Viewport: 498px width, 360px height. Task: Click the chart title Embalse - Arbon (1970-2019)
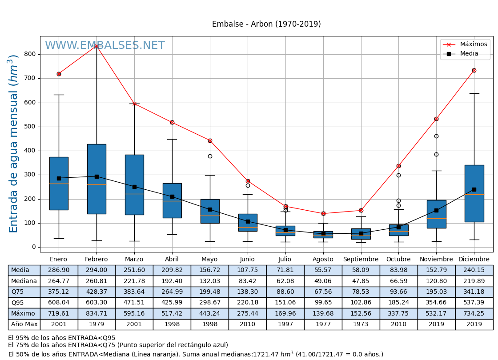(x=266, y=24)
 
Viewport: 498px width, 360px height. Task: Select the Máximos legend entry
(x=473, y=44)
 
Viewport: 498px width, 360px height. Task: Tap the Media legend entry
(x=469, y=54)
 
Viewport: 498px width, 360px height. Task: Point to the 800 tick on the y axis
(x=31, y=54)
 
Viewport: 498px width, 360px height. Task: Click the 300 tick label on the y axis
(x=31, y=175)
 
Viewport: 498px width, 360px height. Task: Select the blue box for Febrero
(x=96, y=179)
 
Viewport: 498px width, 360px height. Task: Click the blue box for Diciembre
(x=474, y=193)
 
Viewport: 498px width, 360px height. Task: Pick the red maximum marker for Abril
(x=172, y=122)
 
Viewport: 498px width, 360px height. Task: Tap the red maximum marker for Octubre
(x=398, y=166)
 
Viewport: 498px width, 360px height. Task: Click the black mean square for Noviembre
(x=436, y=210)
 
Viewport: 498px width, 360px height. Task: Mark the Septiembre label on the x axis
(x=361, y=260)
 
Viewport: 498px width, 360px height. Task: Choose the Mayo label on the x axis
(x=209, y=260)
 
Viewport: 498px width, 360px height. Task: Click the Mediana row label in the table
(x=24, y=281)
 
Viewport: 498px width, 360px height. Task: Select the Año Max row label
(x=24, y=324)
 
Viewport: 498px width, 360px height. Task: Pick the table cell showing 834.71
(x=96, y=314)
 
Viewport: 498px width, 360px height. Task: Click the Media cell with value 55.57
(x=323, y=270)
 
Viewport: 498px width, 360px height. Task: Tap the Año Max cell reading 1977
(x=323, y=324)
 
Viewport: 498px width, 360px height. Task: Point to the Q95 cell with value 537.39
(x=474, y=303)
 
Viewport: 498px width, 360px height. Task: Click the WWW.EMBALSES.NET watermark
(x=105, y=46)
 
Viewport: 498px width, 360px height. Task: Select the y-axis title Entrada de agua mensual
(x=13, y=144)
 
